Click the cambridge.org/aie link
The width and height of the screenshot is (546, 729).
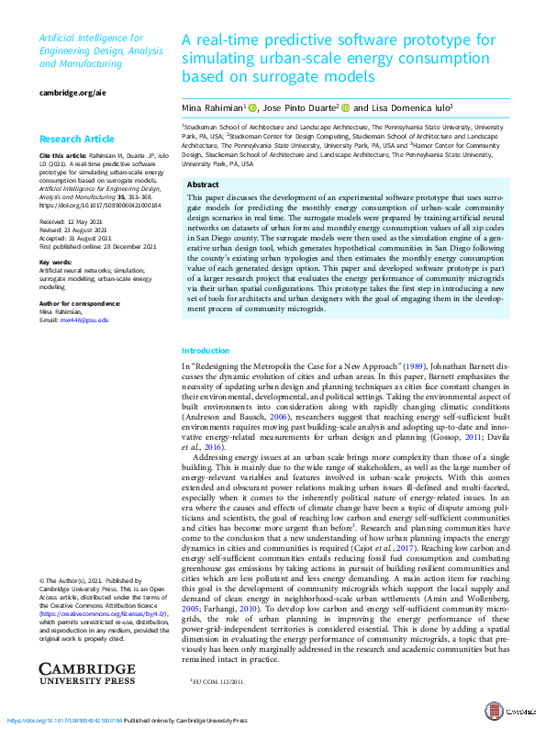(x=67, y=93)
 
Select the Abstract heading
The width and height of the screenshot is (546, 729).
(x=203, y=185)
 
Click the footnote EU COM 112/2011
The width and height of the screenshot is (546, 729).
(x=218, y=681)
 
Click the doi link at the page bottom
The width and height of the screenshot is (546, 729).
(x=64, y=721)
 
